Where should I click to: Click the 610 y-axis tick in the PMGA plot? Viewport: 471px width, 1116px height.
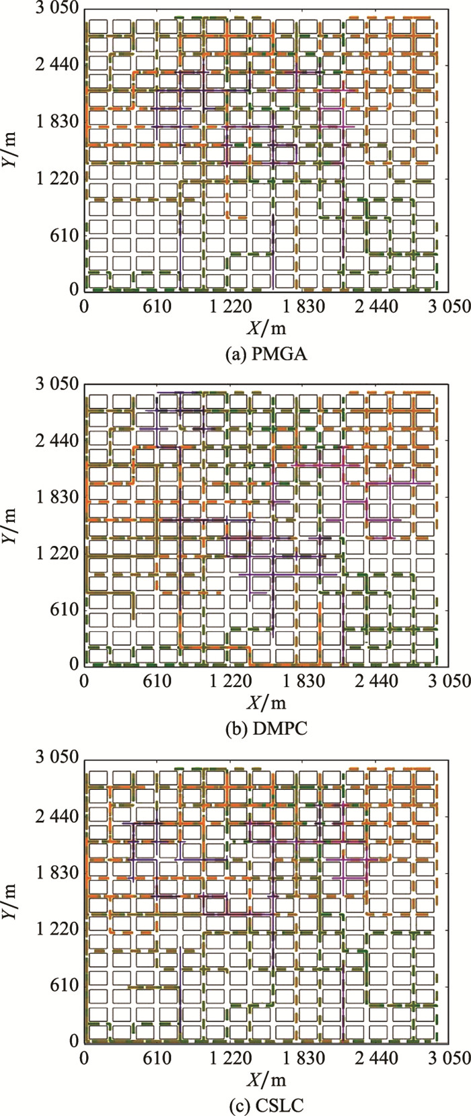[65, 235]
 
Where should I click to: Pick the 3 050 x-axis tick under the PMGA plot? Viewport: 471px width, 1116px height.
[449, 307]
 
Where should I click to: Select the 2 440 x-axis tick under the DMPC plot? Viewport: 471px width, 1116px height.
[377, 681]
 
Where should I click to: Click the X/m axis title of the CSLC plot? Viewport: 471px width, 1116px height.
[267, 1076]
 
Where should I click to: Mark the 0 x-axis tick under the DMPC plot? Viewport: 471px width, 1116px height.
[84, 681]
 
